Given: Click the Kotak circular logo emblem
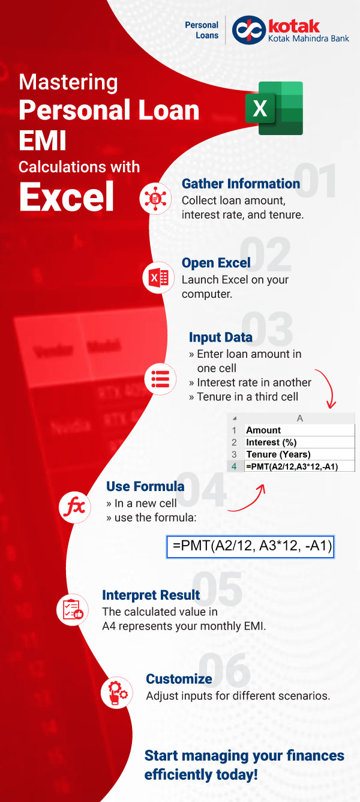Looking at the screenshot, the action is point(249,30).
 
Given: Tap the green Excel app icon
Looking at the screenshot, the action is point(274,108).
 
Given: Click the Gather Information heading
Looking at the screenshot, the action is point(241,184).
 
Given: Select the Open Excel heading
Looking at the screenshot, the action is point(216,263).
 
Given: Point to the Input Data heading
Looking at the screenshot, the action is point(220,337).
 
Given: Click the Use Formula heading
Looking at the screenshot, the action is point(145,486).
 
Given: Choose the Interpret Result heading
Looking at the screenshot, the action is point(151,595).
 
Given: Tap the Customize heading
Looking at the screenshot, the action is point(179,678).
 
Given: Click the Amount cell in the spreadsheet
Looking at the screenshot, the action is point(299,430).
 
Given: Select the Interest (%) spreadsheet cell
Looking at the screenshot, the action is point(299,442).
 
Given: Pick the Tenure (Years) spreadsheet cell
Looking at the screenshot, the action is point(299,454).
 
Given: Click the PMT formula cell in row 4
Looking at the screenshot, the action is point(299,466).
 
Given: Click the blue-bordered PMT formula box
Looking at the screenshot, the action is point(250,546).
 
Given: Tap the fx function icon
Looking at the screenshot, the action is point(74,507).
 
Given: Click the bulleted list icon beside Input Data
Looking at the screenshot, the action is point(160,379).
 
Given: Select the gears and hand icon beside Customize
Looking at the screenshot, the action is point(116,692).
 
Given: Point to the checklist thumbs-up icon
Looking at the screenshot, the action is point(72,609).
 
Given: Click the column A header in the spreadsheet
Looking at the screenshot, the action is point(299,418).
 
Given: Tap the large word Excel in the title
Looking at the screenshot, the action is point(67,196).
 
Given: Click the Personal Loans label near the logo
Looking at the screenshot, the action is point(202,30).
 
